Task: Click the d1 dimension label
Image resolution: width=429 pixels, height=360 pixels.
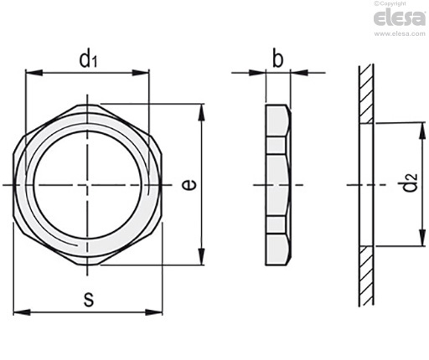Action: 88,58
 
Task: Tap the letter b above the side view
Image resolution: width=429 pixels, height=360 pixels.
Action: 277,58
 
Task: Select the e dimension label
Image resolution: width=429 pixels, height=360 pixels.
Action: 189,185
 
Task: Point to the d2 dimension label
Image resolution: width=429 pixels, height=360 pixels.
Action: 410,183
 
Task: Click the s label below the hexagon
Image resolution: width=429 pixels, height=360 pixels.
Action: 89,300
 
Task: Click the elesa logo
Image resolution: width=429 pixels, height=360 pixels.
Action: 400,18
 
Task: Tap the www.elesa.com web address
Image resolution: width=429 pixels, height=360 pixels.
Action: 400,33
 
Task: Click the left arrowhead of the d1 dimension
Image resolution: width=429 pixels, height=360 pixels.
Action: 34,73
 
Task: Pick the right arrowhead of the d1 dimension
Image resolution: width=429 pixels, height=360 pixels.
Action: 141,73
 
